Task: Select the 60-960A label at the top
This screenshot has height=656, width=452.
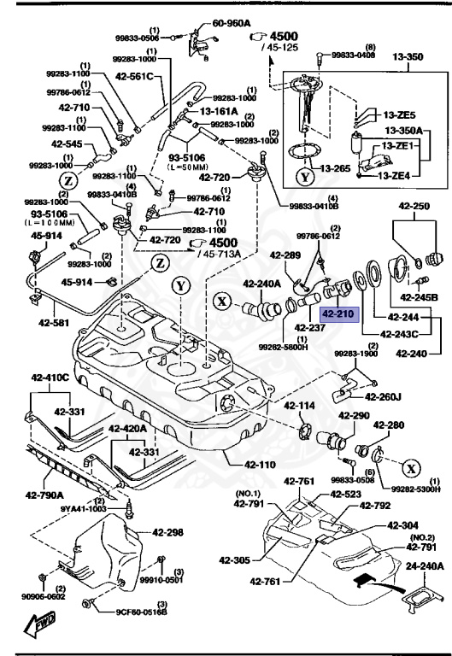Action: [231, 24]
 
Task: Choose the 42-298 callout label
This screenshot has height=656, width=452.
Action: [168, 532]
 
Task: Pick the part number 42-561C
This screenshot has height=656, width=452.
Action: [137, 76]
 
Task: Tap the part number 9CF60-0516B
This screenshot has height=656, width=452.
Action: [142, 611]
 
